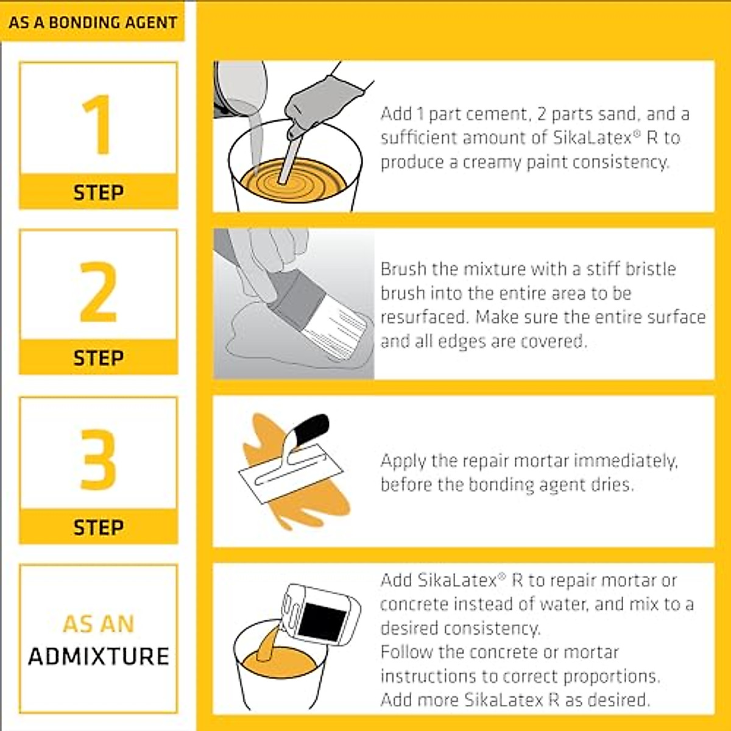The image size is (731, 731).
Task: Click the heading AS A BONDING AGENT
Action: tap(93, 23)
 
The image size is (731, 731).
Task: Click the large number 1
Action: tap(97, 125)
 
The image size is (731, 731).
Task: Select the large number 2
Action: tap(98, 292)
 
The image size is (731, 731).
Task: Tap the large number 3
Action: tap(98, 459)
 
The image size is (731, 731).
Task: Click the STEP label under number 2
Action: tap(98, 358)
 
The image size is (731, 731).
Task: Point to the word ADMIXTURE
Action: tap(98, 657)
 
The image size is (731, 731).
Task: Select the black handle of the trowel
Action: tap(314, 426)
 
